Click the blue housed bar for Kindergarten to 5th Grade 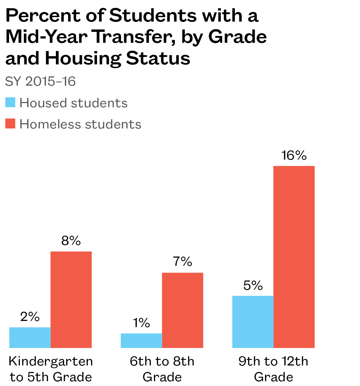[x=30, y=337]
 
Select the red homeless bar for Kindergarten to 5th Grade [x=71, y=300]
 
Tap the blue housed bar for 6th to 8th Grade [x=141, y=340]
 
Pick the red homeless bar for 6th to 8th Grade [x=182, y=310]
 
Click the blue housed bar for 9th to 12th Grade [x=253, y=322]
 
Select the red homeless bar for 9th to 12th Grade [x=294, y=257]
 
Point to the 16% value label [x=293, y=156]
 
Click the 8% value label [x=71, y=241]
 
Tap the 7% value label [x=182, y=262]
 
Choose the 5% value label [x=253, y=285]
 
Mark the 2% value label [x=30, y=317]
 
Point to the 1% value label [x=141, y=323]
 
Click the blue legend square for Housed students [x=11, y=102]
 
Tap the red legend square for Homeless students [x=11, y=124]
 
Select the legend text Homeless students [x=80, y=124]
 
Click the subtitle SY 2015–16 [x=40, y=82]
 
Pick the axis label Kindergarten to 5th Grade [x=51, y=369]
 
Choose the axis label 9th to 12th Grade [x=273, y=369]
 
